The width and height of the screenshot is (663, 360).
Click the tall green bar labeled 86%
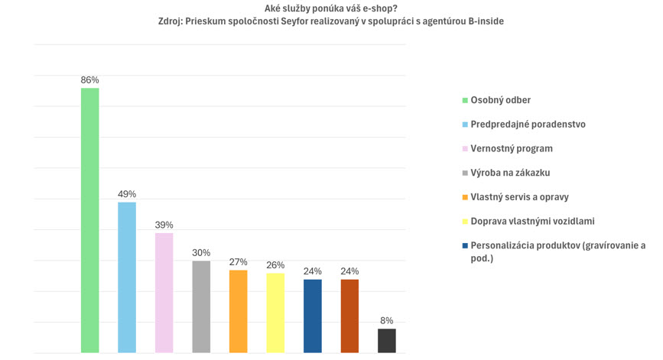89,220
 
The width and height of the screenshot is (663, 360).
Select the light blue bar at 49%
127,277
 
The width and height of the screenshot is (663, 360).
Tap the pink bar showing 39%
164,293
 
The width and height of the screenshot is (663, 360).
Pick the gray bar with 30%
201,306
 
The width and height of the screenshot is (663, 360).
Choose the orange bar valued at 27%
238,311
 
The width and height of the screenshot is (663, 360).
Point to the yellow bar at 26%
275,313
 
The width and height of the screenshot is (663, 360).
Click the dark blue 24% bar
312,316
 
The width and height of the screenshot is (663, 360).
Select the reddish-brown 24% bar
349,316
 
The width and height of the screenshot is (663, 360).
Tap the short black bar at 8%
387,340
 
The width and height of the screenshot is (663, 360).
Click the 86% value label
89,80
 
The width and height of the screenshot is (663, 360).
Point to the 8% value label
387,321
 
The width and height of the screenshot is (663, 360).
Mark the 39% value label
164,225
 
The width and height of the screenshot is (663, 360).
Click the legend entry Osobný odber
500,100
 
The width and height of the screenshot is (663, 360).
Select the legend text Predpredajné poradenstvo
528,124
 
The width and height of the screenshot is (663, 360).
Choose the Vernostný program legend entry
511,148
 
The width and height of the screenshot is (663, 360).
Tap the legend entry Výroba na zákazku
510,173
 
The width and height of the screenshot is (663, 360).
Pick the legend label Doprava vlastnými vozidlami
532,221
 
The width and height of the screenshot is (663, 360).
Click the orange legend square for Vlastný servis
464,197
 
